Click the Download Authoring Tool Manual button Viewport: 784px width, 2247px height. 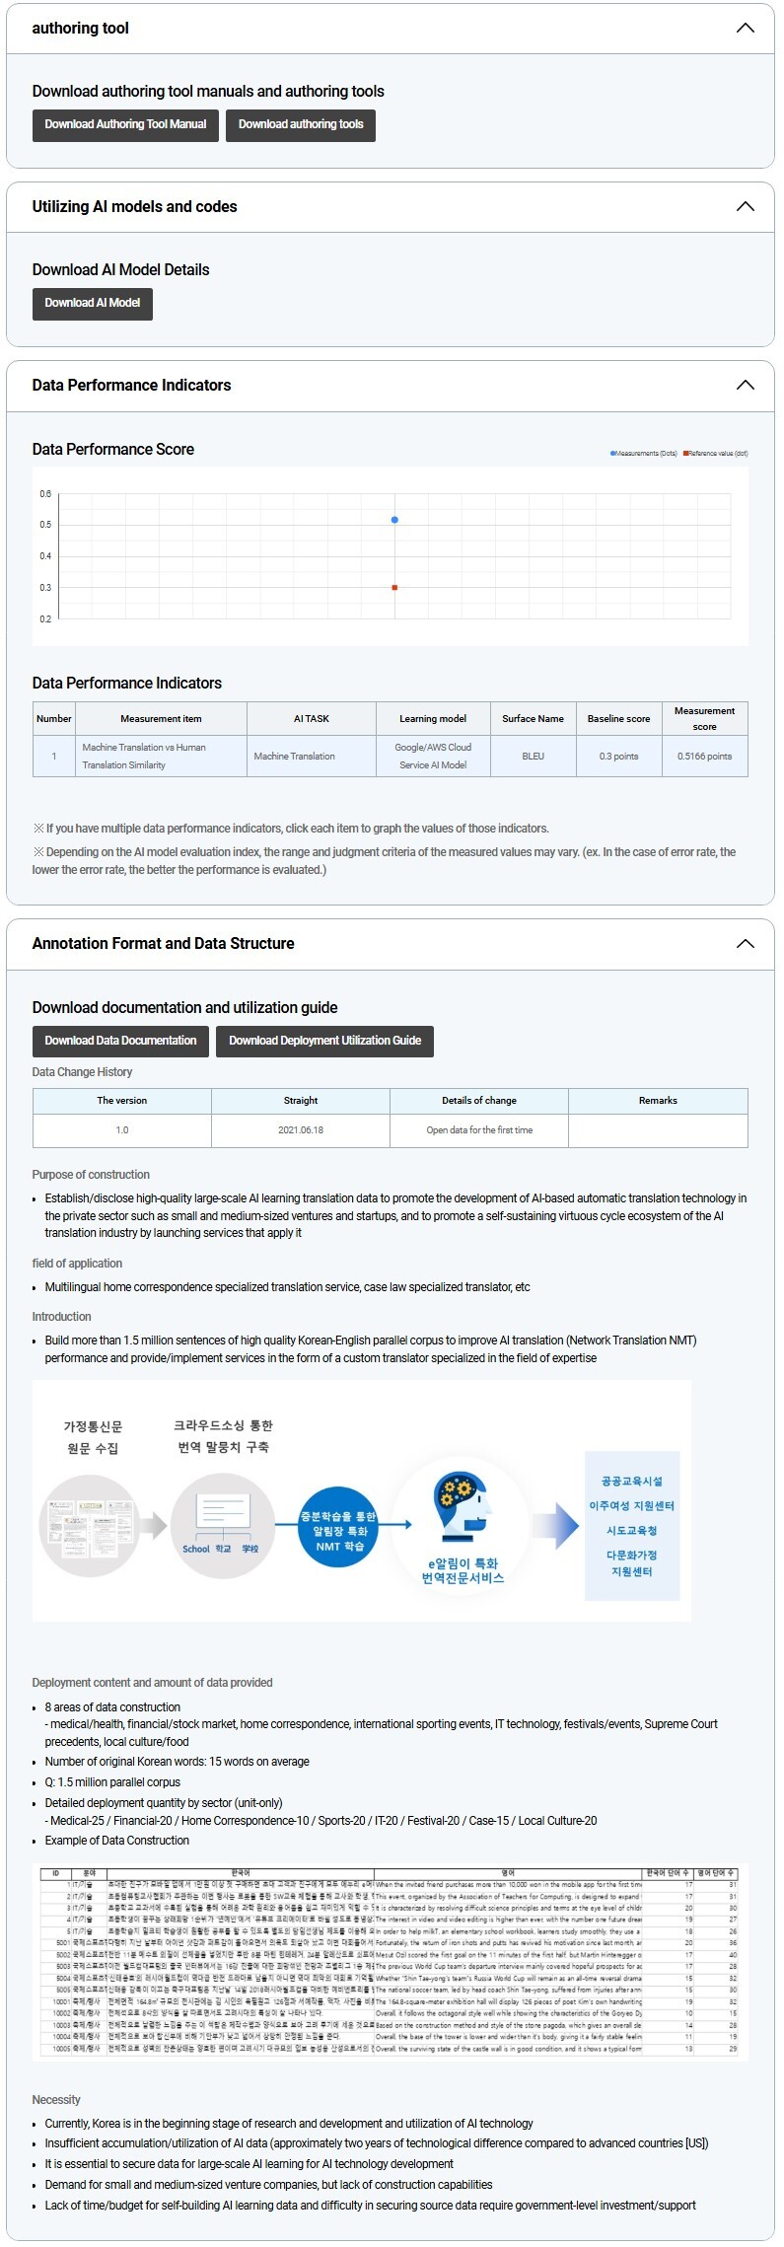(125, 124)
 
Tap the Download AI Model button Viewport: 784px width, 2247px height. (93, 303)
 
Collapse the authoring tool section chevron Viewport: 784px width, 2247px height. (745, 28)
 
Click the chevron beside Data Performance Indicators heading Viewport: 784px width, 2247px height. (745, 385)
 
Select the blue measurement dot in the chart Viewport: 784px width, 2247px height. (394, 520)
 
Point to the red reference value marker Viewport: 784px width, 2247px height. (394, 588)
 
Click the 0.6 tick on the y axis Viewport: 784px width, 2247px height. (45, 494)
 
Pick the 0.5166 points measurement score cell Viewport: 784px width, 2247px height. (704, 757)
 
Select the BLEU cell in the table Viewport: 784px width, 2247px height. (533, 757)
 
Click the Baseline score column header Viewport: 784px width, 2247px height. (618, 719)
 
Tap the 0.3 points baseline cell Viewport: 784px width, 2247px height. (618, 757)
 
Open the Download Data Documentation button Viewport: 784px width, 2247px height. (120, 1041)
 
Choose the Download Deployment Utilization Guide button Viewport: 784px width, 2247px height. (324, 1041)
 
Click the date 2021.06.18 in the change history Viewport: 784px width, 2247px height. (301, 1130)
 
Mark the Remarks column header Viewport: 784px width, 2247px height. (658, 1101)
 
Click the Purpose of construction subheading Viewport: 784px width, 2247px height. (91, 1175)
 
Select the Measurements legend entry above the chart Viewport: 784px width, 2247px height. (644, 454)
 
